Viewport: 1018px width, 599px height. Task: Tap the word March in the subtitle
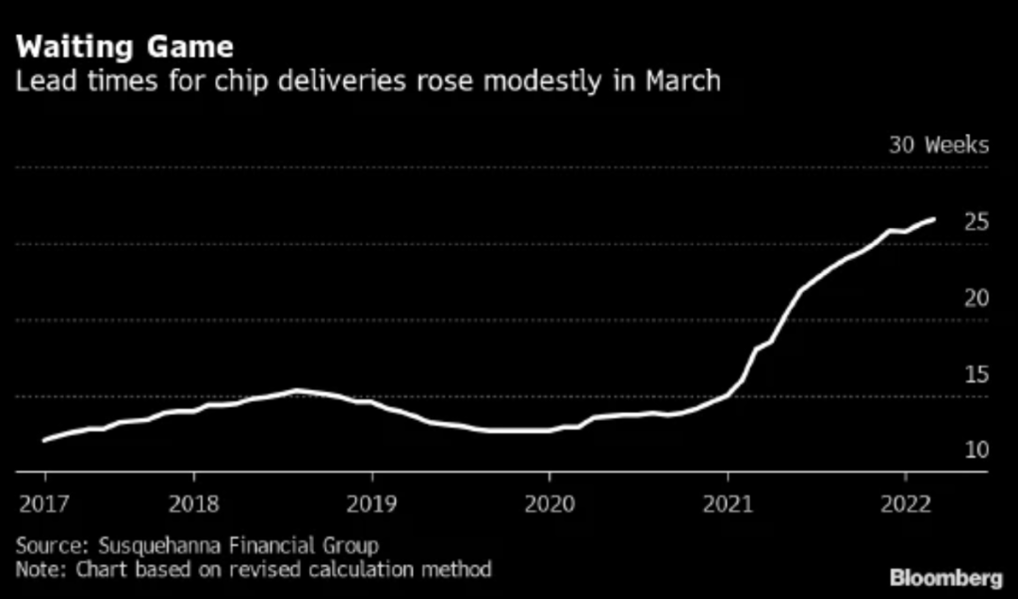tap(682, 82)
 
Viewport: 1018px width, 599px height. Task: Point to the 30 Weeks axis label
tap(939, 145)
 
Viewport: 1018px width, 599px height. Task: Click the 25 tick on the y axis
tap(976, 222)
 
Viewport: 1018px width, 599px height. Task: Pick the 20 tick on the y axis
tap(976, 299)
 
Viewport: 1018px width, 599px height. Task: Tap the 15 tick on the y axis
tap(976, 375)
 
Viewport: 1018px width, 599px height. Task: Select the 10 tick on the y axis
tap(976, 450)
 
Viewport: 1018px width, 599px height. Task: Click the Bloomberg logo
tap(945, 576)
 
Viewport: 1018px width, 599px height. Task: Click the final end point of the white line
tap(933, 219)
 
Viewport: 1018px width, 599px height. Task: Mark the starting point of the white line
tap(45, 440)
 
